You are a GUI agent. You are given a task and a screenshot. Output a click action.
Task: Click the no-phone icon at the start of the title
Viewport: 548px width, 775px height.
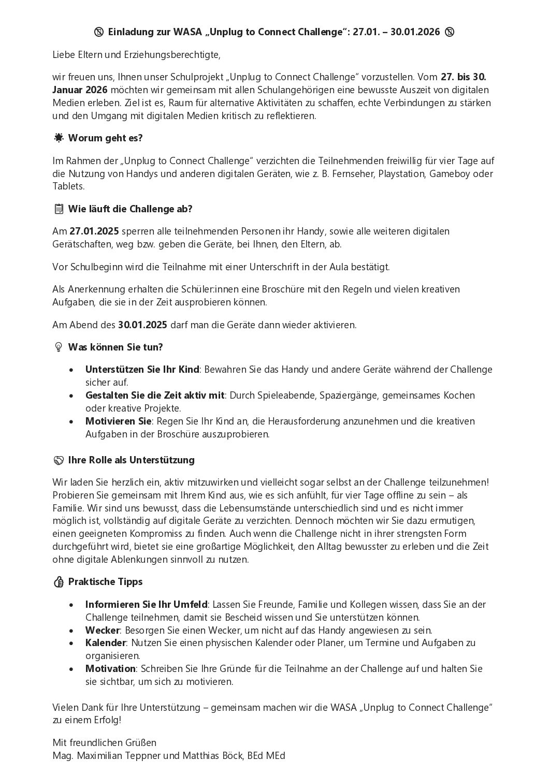point(99,32)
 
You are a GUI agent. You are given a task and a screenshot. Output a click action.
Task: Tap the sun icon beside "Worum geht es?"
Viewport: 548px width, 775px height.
point(59,138)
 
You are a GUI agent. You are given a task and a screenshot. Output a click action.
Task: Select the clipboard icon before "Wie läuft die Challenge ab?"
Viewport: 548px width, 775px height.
point(59,209)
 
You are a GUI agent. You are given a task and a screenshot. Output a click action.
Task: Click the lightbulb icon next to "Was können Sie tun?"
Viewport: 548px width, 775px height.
point(59,347)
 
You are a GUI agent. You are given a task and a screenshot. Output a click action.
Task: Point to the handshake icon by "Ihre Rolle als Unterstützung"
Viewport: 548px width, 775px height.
point(59,460)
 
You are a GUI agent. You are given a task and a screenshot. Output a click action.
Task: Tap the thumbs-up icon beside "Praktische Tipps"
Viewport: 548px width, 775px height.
point(59,582)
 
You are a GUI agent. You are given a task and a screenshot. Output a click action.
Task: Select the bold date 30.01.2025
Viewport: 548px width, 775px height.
point(142,325)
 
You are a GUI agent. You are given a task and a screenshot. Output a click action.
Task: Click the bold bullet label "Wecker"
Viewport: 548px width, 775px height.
point(102,630)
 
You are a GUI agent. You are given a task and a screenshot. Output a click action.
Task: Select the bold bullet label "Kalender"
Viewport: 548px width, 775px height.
point(106,643)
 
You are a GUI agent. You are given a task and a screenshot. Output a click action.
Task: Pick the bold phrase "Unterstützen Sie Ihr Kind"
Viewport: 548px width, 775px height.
point(142,370)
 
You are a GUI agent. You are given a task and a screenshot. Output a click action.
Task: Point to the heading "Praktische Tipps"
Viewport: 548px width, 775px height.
point(105,582)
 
